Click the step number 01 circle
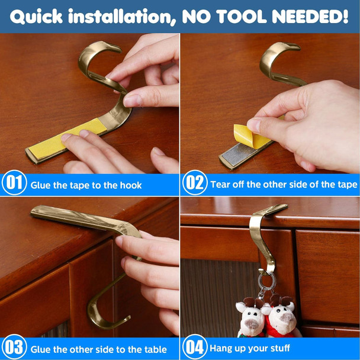point(14,183)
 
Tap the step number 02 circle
point(195,183)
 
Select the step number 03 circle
point(14,347)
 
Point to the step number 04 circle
point(195,347)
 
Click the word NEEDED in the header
point(310,17)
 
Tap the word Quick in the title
point(36,17)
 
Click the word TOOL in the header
point(241,17)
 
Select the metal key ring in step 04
point(266,281)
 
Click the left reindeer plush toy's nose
point(253,324)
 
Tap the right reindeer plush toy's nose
point(285,319)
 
